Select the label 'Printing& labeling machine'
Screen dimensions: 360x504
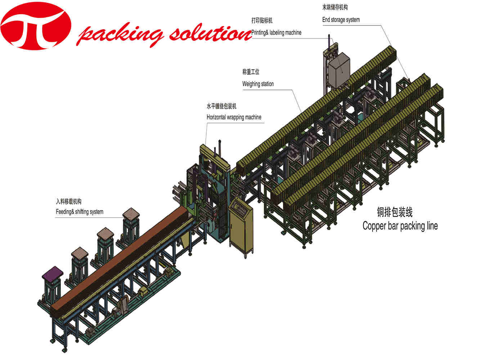276,33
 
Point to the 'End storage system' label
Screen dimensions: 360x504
341,20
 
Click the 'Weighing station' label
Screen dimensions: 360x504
258,84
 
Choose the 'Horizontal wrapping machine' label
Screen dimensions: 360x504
234,117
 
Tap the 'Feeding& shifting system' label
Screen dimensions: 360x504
80,212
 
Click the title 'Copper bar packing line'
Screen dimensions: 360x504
400,226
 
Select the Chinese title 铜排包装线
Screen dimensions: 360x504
395,212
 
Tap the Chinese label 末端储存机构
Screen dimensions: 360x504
335,8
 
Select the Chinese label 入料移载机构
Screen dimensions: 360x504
68,202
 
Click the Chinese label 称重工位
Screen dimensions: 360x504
251,72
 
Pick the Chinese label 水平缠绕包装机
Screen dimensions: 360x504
221,107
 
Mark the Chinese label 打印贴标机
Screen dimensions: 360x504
262,21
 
